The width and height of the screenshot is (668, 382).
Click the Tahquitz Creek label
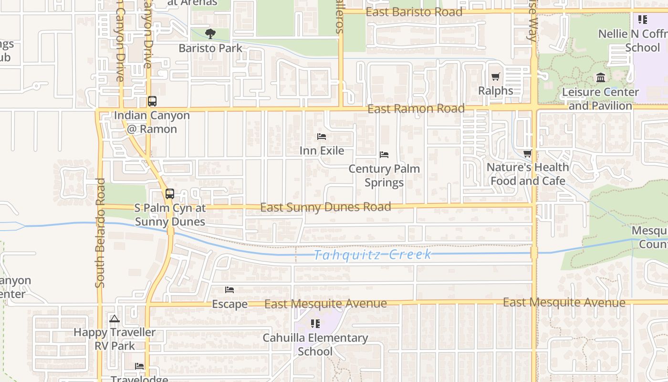point(372,255)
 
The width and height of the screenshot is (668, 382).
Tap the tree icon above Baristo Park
point(210,34)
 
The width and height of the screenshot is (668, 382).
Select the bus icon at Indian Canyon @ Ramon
point(152,101)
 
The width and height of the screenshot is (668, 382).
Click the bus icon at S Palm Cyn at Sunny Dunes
point(169,194)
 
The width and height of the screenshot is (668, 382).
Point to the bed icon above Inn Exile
point(322,137)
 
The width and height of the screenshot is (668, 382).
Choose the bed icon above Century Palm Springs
point(384,155)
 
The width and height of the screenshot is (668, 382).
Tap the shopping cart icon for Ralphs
point(496,77)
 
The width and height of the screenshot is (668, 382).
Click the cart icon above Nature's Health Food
point(527,154)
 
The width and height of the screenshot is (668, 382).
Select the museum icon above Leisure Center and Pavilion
point(601,78)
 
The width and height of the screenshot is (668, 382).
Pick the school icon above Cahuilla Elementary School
point(315,324)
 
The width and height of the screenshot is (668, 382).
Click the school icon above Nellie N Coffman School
point(642,20)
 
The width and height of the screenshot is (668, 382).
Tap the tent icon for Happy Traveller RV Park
point(114,318)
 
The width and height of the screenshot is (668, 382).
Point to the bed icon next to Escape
point(230,290)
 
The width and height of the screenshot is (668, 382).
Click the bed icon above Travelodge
point(139,366)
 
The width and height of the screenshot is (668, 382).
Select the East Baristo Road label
point(414,12)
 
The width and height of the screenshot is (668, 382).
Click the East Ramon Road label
point(416,109)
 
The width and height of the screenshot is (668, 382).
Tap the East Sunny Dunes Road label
point(325,207)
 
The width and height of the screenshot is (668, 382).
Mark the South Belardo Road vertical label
point(100,233)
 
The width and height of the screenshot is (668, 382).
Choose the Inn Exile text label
point(322,151)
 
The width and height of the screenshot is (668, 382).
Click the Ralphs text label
point(496,91)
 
